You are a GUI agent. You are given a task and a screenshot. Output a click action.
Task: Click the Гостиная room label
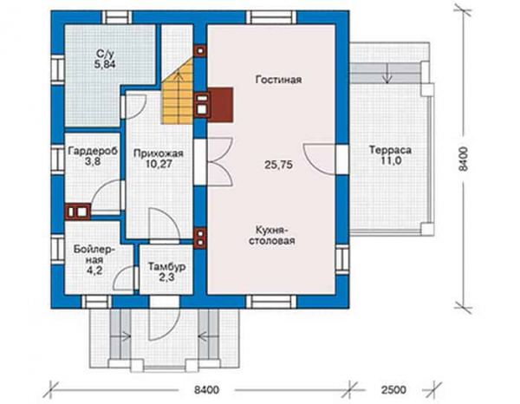[x=278, y=80]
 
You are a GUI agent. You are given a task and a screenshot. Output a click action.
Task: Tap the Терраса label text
[x=390, y=150]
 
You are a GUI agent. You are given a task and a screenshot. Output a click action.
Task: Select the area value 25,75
[x=278, y=165]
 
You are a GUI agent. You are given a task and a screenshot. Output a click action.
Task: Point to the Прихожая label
[x=159, y=153]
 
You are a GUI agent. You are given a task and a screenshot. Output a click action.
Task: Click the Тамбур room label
[x=166, y=267]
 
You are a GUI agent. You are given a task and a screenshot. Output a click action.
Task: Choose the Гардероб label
[x=93, y=151]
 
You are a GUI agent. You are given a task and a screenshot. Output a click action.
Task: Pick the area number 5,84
[x=105, y=64]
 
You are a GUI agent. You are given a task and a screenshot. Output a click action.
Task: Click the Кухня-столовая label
[x=272, y=235]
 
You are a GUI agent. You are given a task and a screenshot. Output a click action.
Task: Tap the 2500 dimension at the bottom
[x=393, y=389]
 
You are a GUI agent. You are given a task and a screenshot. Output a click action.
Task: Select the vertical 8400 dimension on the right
[x=464, y=159]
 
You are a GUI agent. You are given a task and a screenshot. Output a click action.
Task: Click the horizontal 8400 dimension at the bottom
[x=206, y=389]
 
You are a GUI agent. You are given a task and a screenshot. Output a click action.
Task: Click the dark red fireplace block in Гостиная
[x=220, y=104]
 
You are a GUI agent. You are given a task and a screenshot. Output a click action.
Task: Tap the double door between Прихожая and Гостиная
[x=220, y=161]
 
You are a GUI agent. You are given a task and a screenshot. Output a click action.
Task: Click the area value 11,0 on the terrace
[x=390, y=161]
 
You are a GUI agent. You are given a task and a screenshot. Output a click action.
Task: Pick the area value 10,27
[x=159, y=164]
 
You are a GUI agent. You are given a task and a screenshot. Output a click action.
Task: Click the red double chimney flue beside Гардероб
[x=78, y=212]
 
